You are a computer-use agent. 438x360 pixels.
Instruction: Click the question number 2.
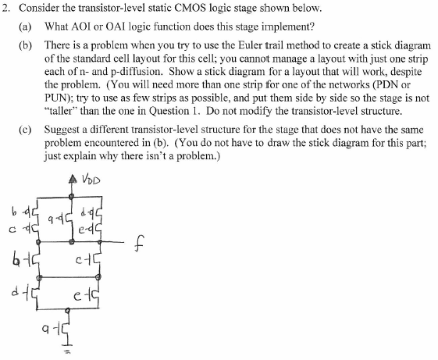click(x=6, y=9)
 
